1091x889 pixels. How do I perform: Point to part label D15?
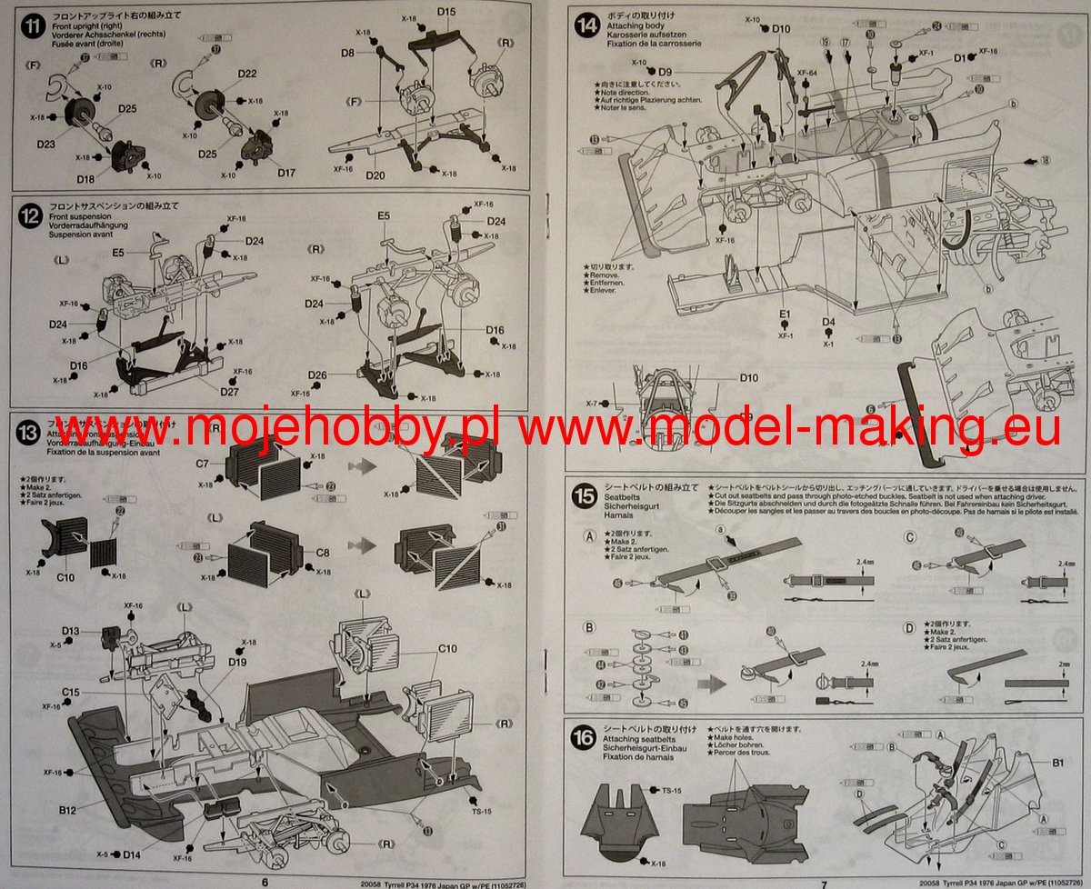click(x=445, y=13)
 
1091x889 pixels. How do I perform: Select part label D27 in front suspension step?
click(x=231, y=392)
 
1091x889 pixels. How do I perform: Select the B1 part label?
click(x=1057, y=764)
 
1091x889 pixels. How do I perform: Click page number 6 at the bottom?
click(x=265, y=882)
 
